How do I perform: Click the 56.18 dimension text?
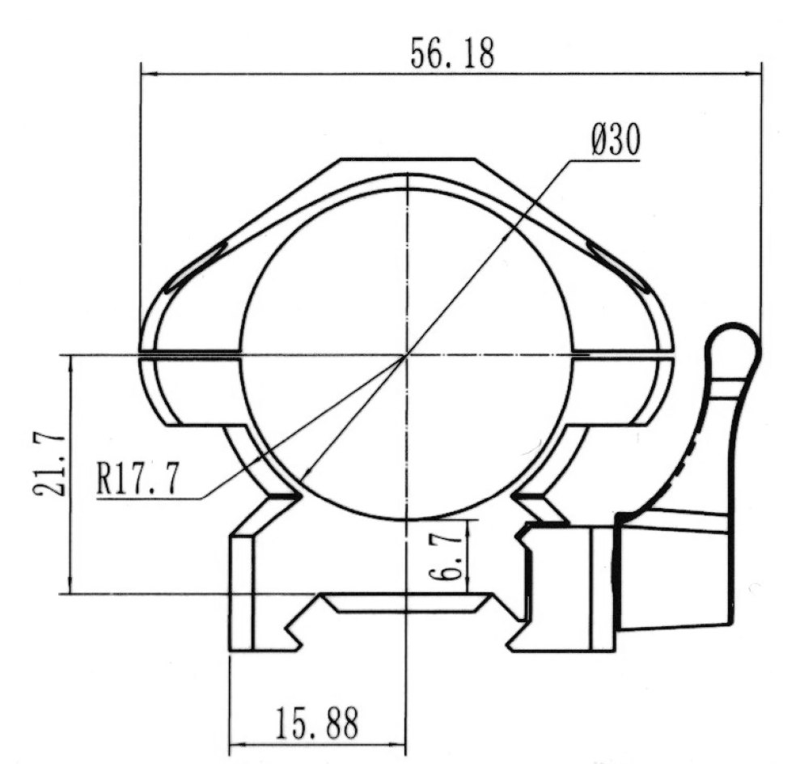pyautogui.click(x=452, y=53)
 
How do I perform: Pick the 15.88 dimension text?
pyautogui.click(x=317, y=723)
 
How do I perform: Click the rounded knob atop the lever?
pyautogui.click(x=734, y=347)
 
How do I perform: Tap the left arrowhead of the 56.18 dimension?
pyautogui.click(x=148, y=74)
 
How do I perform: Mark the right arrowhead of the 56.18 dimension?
pyautogui.click(x=752, y=74)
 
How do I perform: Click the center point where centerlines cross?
pyautogui.click(x=407, y=354)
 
